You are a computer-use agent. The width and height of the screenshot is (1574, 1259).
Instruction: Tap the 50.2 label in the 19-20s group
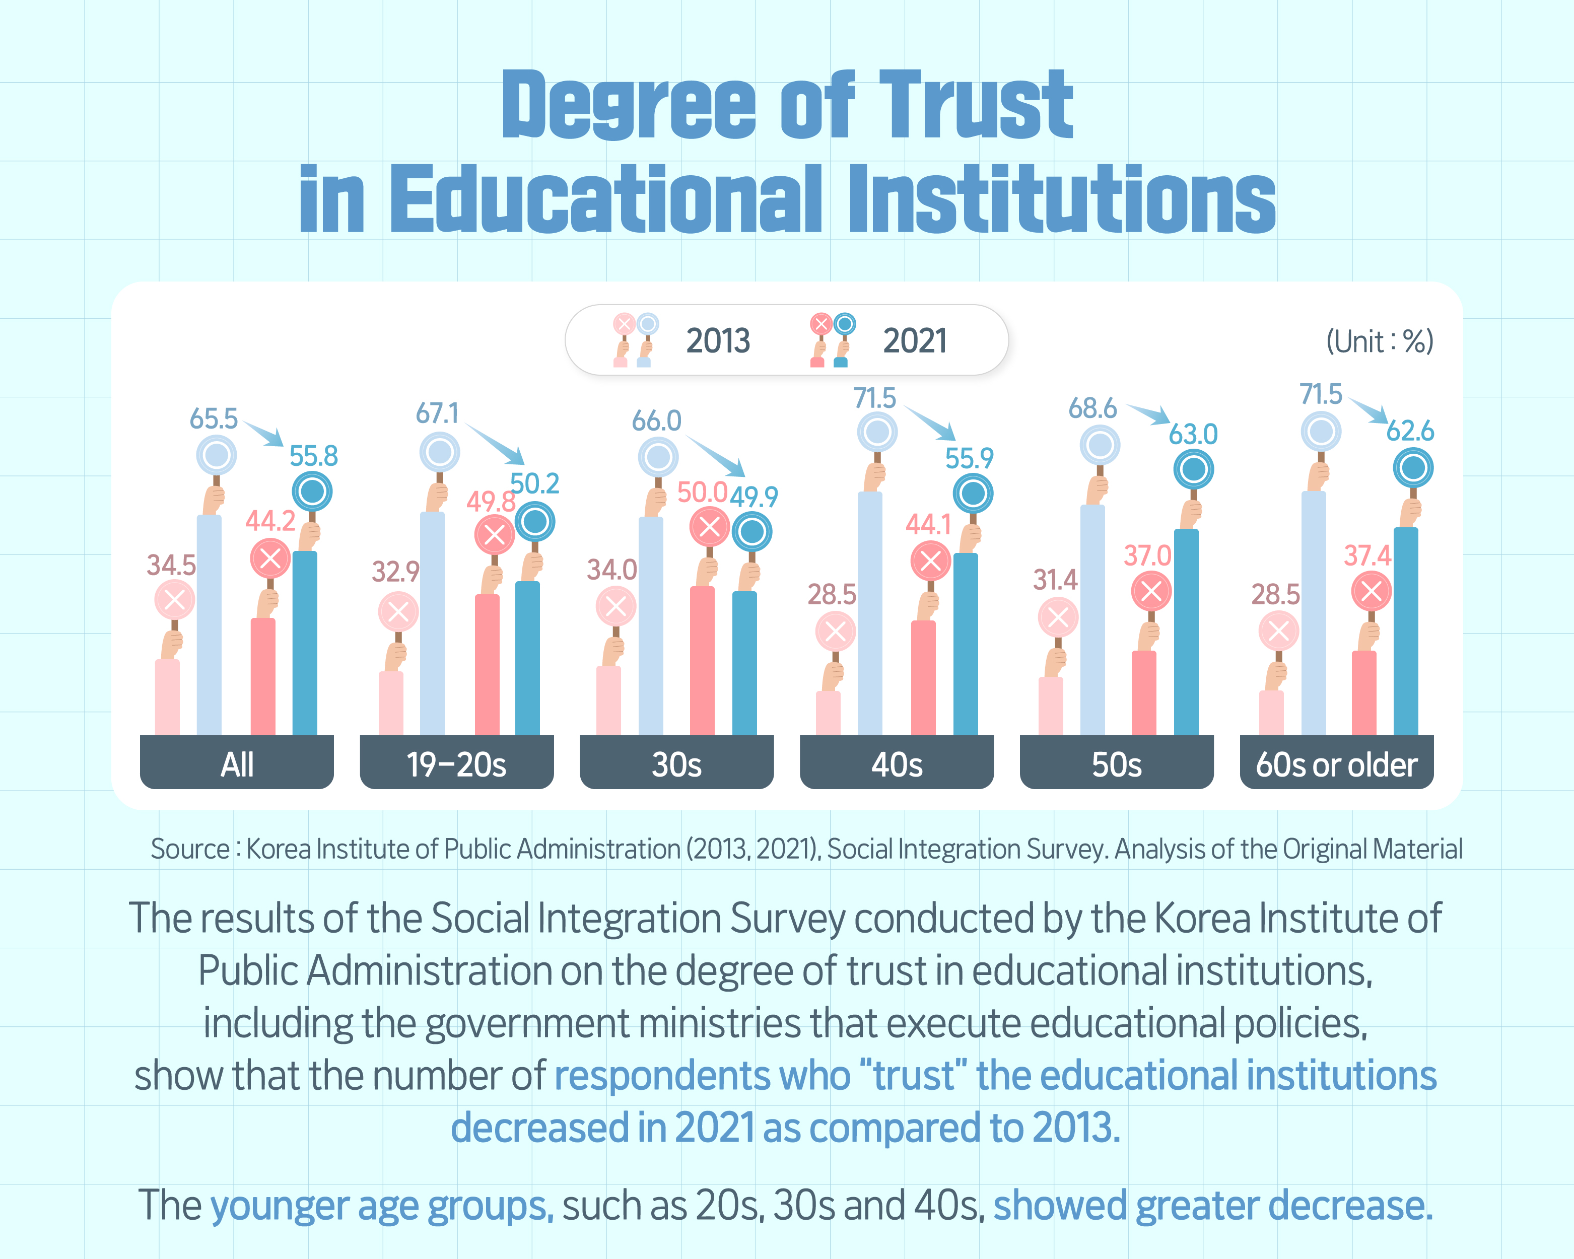(x=534, y=484)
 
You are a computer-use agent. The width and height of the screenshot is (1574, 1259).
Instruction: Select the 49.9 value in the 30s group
(x=754, y=497)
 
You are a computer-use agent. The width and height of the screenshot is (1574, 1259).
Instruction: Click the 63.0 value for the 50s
(x=1193, y=434)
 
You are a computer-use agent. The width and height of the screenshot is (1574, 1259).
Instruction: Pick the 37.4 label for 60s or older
(x=1367, y=556)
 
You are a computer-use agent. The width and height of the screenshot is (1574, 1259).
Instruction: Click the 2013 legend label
(x=718, y=341)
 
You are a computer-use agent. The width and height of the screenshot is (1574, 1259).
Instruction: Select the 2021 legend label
(x=915, y=341)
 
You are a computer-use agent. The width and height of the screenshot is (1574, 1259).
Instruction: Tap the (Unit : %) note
(x=1379, y=341)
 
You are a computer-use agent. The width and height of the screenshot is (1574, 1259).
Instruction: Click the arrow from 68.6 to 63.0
(x=1149, y=414)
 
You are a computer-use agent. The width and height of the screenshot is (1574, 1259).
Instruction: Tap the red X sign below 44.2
(x=270, y=559)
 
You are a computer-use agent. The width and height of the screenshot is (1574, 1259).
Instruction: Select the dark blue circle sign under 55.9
(x=973, y=494)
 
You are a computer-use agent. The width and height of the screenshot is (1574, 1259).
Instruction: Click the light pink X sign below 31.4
(x=1058, y=617)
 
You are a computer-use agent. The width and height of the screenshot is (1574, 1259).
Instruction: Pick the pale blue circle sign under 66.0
(x=658, y=458)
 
